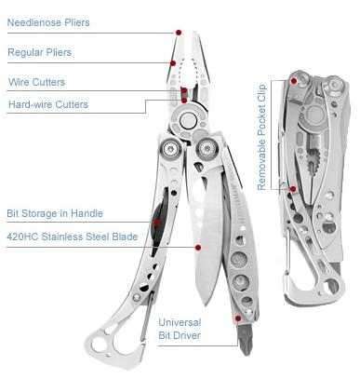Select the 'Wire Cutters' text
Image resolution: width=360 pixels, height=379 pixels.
click(x=36, y=82)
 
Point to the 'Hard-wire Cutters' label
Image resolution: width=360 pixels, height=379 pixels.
click(x=47, y=104)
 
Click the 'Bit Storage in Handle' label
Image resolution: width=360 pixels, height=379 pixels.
click(x=55, y=213)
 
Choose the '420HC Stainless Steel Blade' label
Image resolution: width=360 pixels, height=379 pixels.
click(x=73, y=237)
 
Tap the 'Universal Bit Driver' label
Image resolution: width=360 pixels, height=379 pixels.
click(x=193, y=329)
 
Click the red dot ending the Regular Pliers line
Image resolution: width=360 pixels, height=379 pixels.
click(x=174, y=62)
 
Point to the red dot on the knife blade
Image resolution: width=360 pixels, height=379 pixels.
click(x=198, y=247)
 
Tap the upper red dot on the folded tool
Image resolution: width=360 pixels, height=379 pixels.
click(x=295, y=80)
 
